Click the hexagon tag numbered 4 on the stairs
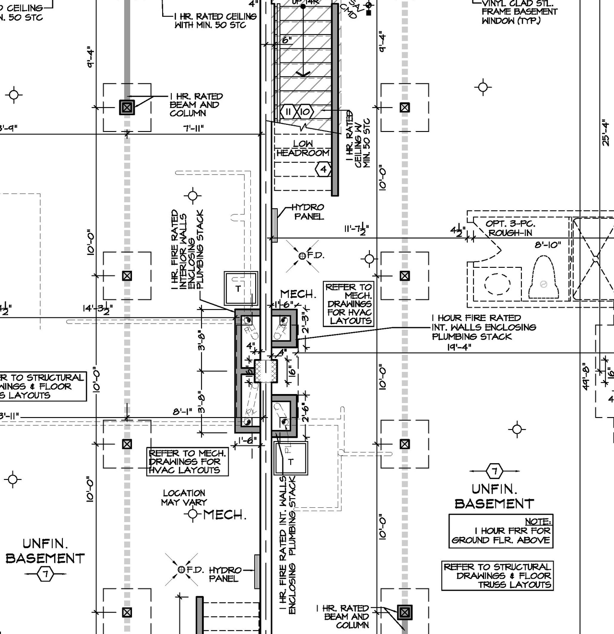point(323,169)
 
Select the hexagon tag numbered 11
point(288,112)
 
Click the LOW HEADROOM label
point(303,148)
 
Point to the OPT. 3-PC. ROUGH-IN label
point(510,228)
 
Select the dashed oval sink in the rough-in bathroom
point(497,284)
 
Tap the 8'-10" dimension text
point(548,245)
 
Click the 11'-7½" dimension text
point(356,229)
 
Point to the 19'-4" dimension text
point(459,347)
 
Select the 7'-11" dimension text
point(194,128)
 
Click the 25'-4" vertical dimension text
point(606,133)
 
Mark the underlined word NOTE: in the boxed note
point(538,521)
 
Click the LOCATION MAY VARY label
point(184,498)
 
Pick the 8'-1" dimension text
point(182,412)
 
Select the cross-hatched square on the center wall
point(266,371)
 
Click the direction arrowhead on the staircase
point(303,73)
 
